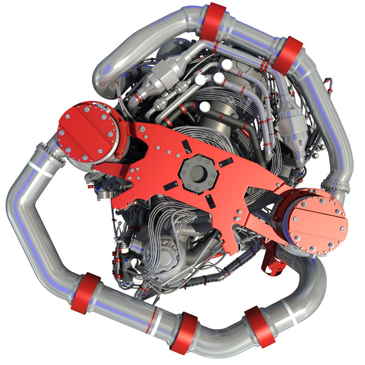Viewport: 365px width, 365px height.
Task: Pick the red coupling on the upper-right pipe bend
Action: coord(288,53)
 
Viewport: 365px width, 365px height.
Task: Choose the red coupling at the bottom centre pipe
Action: coord(183,333)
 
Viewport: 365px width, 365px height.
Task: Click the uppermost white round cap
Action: coord(227,63)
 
